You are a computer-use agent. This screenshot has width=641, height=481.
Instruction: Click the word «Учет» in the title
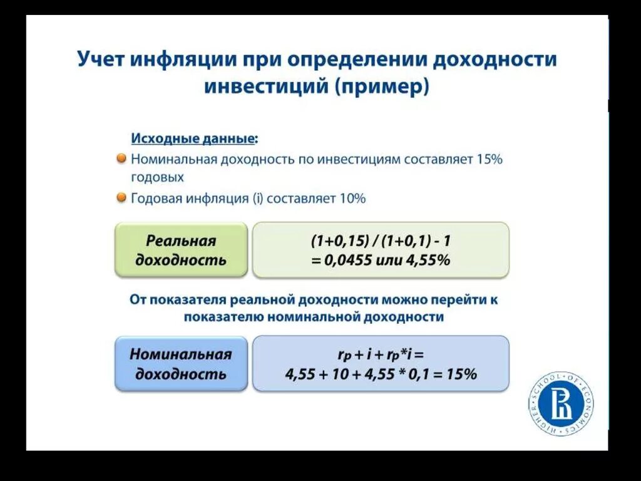[x=100, y=59]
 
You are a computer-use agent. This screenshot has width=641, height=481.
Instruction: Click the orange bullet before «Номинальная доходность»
[x=121, y=158]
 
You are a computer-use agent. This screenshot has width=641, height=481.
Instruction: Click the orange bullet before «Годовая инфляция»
[x=121, y=198]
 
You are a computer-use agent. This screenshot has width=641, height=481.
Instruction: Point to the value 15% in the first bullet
[x=490, y=159]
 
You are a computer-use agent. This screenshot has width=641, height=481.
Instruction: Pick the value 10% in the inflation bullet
[x=352, y=199]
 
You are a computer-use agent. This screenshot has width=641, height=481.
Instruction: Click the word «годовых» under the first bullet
[x=157, y=177]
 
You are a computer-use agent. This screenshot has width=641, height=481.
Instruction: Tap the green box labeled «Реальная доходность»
[x=181, y=250]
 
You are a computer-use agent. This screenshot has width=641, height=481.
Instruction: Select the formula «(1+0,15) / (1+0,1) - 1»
[x=380, y=241]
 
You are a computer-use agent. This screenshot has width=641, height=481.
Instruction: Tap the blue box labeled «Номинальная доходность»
[x=181, y=363]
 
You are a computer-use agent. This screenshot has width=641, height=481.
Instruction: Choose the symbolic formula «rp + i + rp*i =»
[x=380, y=354]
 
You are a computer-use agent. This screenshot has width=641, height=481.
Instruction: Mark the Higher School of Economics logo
[x=560, y=404]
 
